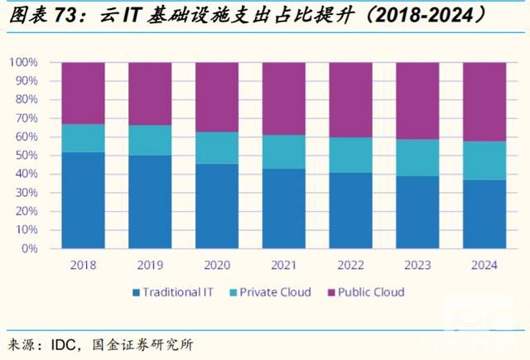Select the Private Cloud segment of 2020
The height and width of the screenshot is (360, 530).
pyautogui.click(x=217, y=148)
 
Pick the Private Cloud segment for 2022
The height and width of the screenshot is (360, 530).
pyautogui.click(x=350, y=155)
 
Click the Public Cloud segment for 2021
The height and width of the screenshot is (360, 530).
pyautogui.click(x=283, y=98)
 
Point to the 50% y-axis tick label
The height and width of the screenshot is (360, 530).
pyautogui.click(x=25, y=156)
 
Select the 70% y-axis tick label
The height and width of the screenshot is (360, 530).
pyautogui.click(x=25, y=118)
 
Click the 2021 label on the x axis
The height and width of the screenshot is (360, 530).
pyautogui.click(x=283, y=265)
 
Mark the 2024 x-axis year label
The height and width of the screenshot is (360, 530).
pyautogui.click(x=484, y=265)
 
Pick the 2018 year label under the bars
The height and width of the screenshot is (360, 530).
pyautogui.click(x=83, y=265)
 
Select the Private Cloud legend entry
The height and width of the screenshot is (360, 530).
pyautogui.click(x=272, y=291)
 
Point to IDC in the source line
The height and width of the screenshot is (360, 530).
pyautogui.click(x=71, y=343)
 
